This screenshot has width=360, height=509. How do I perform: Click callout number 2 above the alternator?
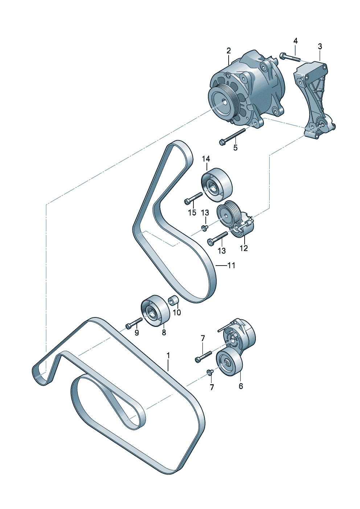tap(229, 50)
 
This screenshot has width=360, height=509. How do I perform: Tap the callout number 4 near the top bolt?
tap(295, 41)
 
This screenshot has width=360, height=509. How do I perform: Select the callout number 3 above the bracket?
tap(320, 47)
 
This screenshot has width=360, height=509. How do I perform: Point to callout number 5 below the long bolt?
tap(235, 147)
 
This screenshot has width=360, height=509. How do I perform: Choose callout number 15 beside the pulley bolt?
tap(192, 213)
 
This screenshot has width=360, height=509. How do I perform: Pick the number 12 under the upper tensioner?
tap(244, 248)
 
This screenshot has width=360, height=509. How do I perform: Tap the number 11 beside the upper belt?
tap(231, 265)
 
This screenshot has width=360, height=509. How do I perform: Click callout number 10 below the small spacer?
tap(177, 313)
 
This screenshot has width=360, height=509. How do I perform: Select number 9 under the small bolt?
tap(136, 333)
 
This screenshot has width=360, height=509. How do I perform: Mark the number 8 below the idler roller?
tap(164, 333)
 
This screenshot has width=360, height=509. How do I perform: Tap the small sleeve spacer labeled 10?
tap(173, 301)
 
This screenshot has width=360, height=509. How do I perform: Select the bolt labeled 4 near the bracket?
tap(291, 57)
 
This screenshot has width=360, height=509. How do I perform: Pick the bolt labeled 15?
tap(193, 197)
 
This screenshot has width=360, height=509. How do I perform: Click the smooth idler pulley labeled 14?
tap(217, 185)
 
